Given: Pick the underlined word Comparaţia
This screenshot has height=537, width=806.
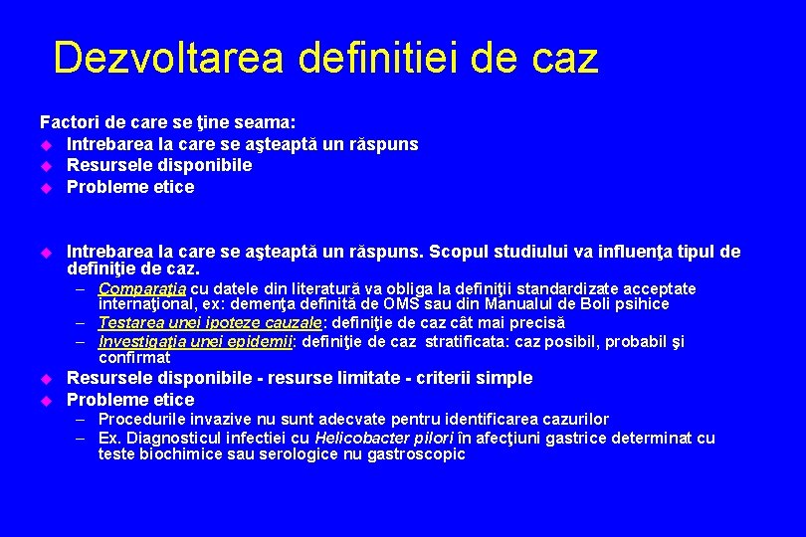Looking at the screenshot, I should tap(142, 289).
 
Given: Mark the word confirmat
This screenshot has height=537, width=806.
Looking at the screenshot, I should tap(134, 357).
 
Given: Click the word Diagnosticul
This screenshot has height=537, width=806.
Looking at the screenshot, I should tap(174, 438).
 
